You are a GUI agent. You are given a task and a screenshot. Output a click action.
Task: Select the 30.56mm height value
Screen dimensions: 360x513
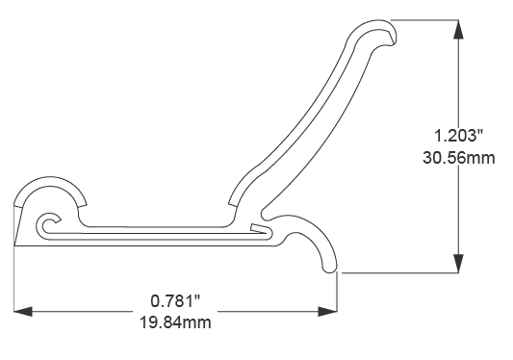point(459,157)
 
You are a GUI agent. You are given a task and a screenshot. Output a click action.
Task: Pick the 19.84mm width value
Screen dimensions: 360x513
point(175,322)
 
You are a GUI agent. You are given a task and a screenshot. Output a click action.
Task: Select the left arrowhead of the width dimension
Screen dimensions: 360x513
point(24,311)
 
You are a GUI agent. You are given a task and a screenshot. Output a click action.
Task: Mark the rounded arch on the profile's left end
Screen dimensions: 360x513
point(53,185)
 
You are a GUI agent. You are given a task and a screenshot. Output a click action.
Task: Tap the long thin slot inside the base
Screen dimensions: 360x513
point(154,232)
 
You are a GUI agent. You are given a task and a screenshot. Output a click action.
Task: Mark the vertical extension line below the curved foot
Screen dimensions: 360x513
point(338,294)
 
